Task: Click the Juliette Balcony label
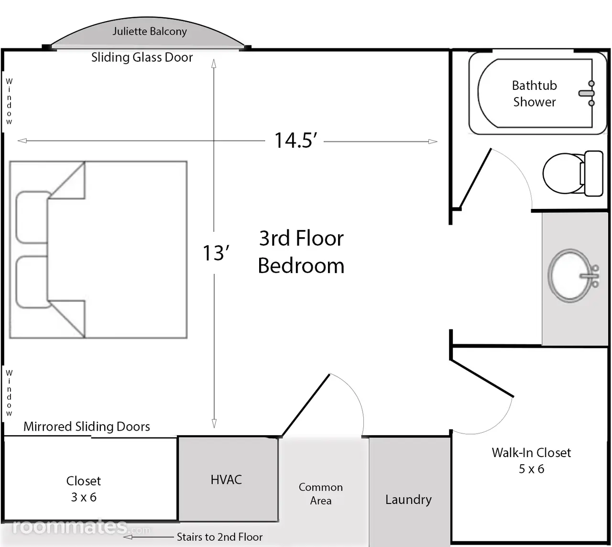(150, 32)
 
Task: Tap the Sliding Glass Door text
(142, 57)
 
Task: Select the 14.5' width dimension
(295, 141)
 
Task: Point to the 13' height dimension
(216, 253)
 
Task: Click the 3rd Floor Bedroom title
(301, 252)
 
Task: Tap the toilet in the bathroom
(573, 174)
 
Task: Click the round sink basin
(570, 275)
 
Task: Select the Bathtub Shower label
(535, 94)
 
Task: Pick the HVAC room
(228, 480)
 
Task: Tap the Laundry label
(408, 500)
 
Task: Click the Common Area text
(321, 494)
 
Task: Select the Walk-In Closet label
(531, 460)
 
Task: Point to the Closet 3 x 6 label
(84, 489)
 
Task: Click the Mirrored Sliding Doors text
(87, 427)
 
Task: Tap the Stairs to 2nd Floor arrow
(148, 537)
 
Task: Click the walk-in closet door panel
(481, 378)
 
